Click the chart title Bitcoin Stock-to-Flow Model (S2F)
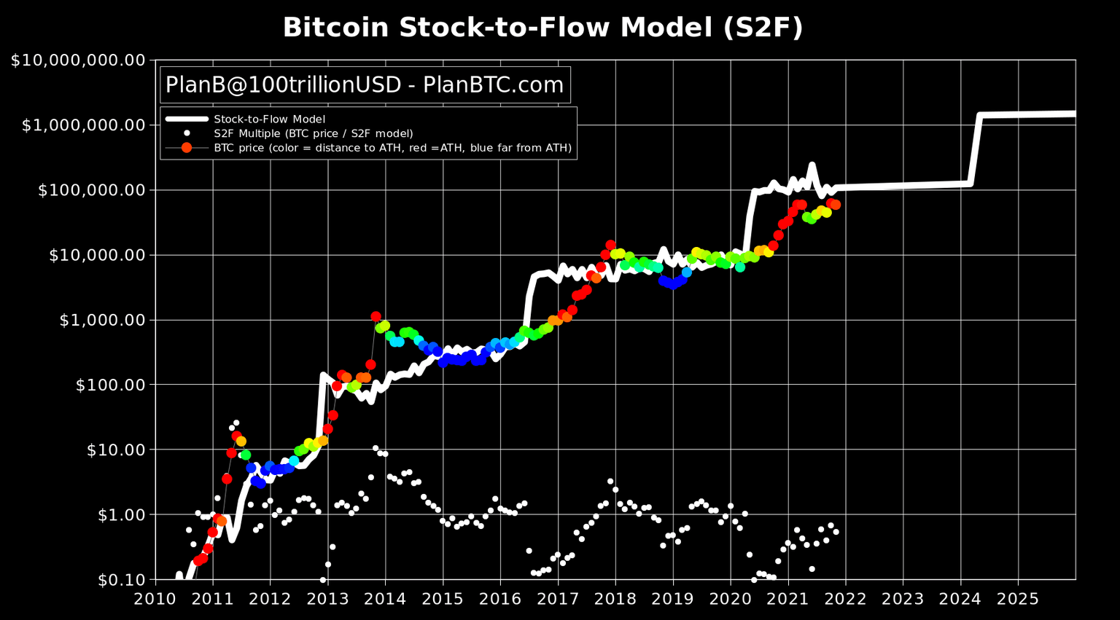click(542, 28)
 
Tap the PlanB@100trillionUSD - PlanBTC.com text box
click(365, 85)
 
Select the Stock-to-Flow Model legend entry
click(269, 119)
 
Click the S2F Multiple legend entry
click(313, 133)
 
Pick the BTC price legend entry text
click(392, 148)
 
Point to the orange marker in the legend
click(187, 148)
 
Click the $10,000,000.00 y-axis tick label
click(78, 60)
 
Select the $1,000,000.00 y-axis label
click(83, 125)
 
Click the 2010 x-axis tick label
click(155, 599)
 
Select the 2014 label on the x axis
click(385, 599)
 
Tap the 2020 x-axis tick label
click(730, 599)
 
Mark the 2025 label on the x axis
click(1017, 599)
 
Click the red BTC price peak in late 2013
click(376, 317)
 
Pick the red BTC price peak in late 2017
click(610, 246)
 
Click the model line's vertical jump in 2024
click(975, 149)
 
